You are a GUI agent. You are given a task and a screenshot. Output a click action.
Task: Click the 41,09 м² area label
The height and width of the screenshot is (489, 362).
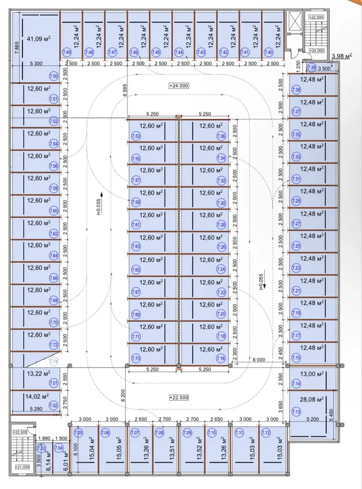click(38, 39)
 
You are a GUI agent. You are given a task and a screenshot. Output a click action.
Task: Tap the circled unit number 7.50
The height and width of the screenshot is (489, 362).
click(54, 76)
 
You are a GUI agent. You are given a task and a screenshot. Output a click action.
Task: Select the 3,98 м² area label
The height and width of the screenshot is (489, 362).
click(342, 56)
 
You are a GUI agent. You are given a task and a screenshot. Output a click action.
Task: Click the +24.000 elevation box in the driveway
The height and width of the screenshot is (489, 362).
click(179, 86)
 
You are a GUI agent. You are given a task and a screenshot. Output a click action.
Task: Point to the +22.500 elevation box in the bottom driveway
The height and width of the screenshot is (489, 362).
click(179, 398)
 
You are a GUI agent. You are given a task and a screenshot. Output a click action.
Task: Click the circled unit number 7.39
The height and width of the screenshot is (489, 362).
click(311, 67)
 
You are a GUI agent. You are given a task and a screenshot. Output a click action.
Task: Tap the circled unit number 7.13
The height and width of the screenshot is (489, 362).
click(296, 412)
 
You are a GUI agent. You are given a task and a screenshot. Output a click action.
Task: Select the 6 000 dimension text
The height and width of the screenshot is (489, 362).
click(259, 360)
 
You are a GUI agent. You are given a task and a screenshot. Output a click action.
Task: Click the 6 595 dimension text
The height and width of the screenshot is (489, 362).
click(125, 90)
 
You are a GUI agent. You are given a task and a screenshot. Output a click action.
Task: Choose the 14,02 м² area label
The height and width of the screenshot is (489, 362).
click(37, 397)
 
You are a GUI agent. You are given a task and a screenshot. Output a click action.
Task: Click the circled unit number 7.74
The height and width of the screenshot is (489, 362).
click(54, 362)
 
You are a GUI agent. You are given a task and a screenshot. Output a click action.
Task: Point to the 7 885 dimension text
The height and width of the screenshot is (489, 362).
click(17, 48)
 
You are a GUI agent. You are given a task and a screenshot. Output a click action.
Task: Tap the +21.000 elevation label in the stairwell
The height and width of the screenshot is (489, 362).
click(22, 467)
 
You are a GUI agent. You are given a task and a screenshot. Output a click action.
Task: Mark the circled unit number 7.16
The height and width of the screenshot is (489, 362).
click(221, 358)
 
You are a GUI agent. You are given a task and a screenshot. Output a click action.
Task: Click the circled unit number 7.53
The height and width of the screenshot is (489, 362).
click(136, 136)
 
